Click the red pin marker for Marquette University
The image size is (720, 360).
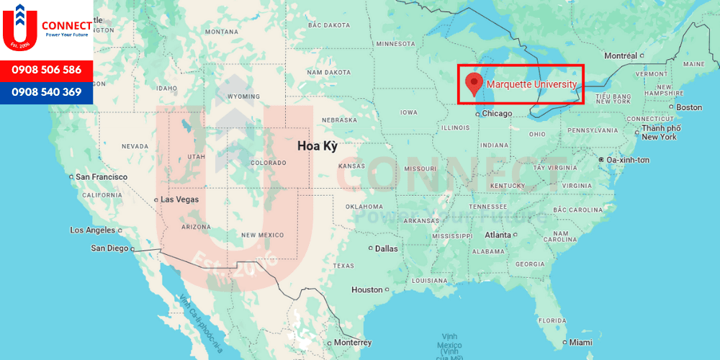coord(473,83)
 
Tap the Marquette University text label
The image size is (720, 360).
coord(531,84)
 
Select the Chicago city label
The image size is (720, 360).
coord(496,114)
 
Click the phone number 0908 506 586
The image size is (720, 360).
coord(47,71)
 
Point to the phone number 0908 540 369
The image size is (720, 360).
coord(47,92)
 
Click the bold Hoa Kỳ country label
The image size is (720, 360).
coord(318,145)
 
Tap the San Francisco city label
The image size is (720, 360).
coord(102,177)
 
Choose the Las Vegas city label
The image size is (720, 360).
coord(179,199)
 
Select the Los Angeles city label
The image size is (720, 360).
coord(92,230)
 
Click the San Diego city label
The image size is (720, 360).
coord(109,248)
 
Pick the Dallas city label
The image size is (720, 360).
coord(386,248)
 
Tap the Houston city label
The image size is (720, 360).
coord(366,289)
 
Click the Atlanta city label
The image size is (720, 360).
coord(498,235)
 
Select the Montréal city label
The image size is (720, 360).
coord(621,56)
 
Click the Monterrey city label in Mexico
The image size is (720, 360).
coord(353,343)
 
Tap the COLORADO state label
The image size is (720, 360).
coord(268,163)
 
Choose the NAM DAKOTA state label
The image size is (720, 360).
coord(328,72)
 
